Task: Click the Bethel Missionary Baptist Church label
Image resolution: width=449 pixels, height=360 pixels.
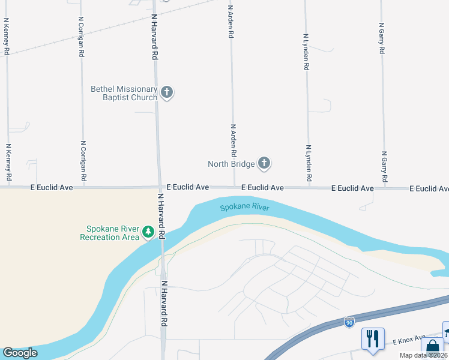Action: (124, 93)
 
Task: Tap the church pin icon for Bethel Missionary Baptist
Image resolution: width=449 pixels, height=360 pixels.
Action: (167, 92)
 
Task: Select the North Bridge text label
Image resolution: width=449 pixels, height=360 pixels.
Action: (231, 164)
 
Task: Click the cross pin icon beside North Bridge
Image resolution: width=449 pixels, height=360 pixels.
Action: (264, 163)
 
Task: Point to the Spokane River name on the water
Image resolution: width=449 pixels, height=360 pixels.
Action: (244, 208)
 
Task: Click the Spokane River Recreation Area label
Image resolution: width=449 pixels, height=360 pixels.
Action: (109, 233)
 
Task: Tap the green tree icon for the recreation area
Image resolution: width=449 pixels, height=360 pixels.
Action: (148, 231)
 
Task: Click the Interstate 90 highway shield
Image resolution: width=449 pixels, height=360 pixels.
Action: (349, 322)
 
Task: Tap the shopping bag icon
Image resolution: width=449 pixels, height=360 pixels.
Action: (432, 347)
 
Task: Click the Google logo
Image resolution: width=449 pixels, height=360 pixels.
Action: (20, 353)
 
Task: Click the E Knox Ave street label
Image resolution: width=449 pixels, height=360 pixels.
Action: (409, 340)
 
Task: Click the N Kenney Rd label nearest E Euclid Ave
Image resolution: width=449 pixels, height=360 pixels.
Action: (8, 162)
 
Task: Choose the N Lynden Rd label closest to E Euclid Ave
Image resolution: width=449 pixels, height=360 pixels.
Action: (308, 163)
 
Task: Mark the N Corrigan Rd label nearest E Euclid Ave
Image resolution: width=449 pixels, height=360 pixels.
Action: (83, 161)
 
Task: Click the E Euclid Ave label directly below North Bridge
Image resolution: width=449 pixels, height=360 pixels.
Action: (262, 188)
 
